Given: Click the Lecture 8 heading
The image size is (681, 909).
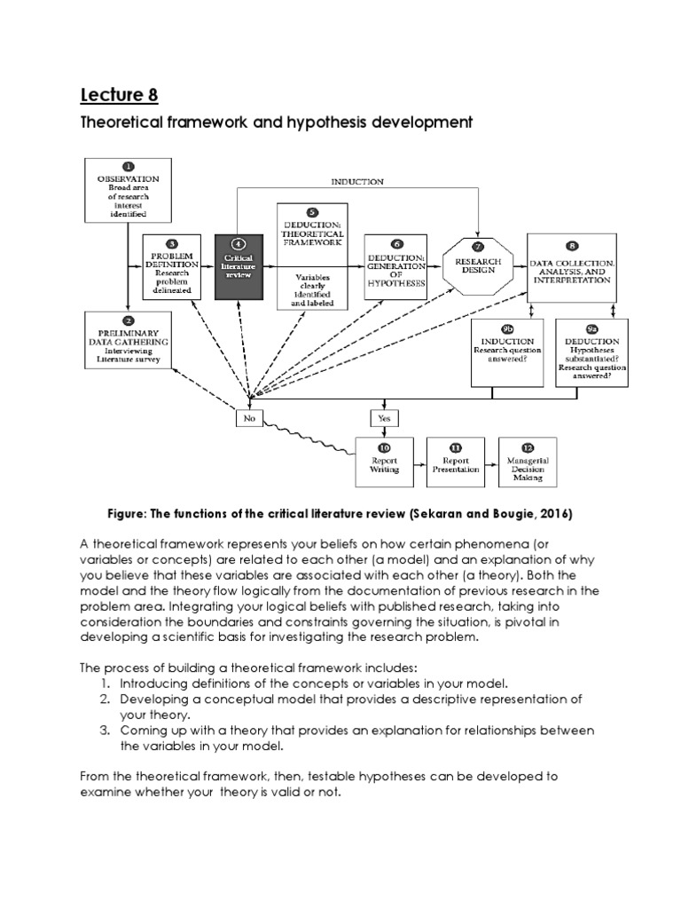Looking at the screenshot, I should pyautogui.click(x=124, y=95).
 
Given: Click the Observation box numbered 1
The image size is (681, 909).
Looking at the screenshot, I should pyautogui.click(x=128, y=189).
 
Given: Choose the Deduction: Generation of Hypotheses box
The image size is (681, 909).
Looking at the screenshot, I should pyautogui.click(x=396, y=267).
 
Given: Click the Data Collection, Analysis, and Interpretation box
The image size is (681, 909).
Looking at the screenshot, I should pyautogui.click(x=570, y=265).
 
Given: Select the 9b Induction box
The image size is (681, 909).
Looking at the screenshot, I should pyautogui.click(x=506, y=352).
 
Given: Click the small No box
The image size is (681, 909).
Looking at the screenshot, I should pyautogui.click(x=250, y=418).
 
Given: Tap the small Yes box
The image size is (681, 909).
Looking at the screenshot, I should pyautogui.click(x=385, y=418).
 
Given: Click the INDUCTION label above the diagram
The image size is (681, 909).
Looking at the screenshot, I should pyautogui.click(x=357, y=182).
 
